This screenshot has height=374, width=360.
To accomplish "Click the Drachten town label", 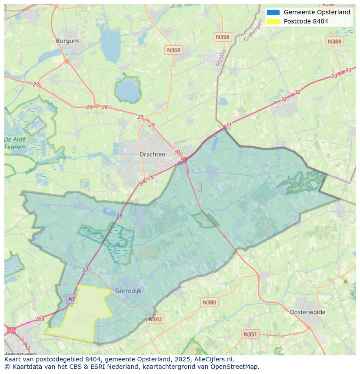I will point(152,154).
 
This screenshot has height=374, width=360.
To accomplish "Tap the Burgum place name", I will point(67,41).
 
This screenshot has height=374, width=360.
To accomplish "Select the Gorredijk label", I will point(128,291).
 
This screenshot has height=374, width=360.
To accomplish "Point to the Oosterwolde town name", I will point(307,312).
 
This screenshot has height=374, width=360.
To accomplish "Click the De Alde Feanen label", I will point(15,143).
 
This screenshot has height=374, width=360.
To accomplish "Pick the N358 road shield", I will point(223,37).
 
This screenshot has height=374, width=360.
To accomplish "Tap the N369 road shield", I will point(173,50).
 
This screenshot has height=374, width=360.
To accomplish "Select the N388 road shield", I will point(334,41).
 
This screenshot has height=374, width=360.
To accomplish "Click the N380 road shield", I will point(209,302).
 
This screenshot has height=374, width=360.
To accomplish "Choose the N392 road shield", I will point(155,319).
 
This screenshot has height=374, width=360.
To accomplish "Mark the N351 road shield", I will point(250,334).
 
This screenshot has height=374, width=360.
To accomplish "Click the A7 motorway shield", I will point(72,299).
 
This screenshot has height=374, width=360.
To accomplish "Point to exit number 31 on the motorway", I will point(229,125).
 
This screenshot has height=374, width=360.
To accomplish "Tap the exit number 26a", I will point(40,318).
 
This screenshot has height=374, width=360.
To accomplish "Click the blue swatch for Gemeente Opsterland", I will point(273,12).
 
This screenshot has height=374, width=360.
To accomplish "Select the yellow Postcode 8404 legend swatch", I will point(273,21).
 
